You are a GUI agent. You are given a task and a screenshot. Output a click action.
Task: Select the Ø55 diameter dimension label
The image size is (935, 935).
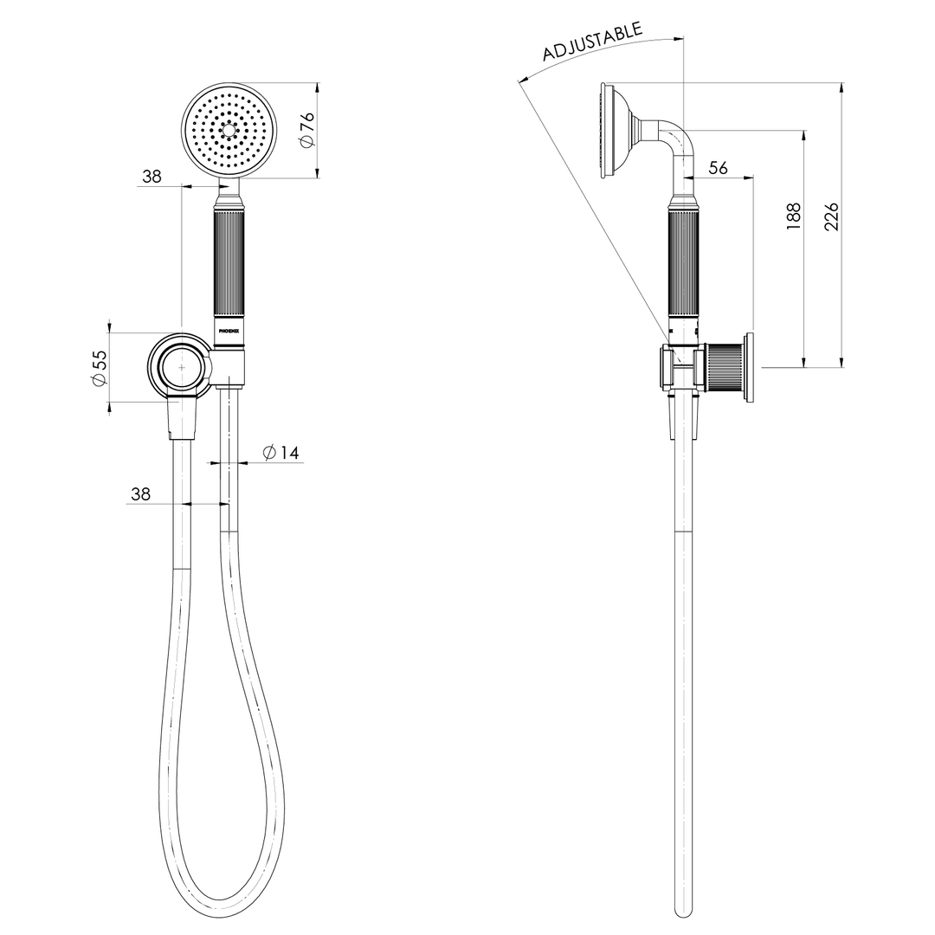(100, 367)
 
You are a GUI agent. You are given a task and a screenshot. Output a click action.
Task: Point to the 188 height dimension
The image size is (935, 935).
(793, 216)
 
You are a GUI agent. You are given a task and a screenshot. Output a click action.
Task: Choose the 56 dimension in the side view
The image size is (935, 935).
(718, 168)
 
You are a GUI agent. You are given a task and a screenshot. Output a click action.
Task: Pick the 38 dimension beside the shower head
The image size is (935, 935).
(152, 176)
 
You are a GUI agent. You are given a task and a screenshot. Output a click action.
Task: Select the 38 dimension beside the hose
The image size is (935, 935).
(140, 493)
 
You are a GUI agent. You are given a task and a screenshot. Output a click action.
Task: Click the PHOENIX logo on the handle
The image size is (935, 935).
(231, 330)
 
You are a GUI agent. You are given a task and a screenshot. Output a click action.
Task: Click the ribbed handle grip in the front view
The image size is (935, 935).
(231, 264)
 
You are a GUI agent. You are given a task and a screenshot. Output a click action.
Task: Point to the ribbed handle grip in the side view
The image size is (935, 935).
(683, 264)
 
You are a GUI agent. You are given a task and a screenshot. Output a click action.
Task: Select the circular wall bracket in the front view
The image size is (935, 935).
(180, 367)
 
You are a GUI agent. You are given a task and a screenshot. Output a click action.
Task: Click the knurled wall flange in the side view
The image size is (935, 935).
(727, 367)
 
